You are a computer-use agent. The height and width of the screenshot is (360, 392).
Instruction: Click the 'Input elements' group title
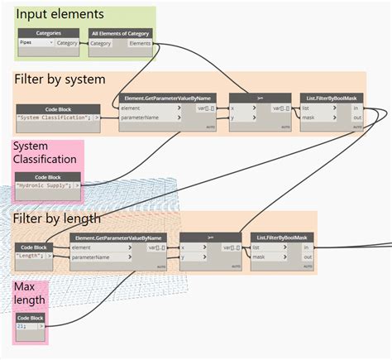[60, 14]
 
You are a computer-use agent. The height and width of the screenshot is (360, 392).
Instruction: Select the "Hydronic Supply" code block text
[45, 187]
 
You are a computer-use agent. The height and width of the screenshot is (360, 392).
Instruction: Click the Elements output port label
[140, 43]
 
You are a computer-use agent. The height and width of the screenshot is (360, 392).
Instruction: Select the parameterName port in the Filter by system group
[141, 118]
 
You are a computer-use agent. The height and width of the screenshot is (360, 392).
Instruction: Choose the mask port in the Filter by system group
[309, 118]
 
